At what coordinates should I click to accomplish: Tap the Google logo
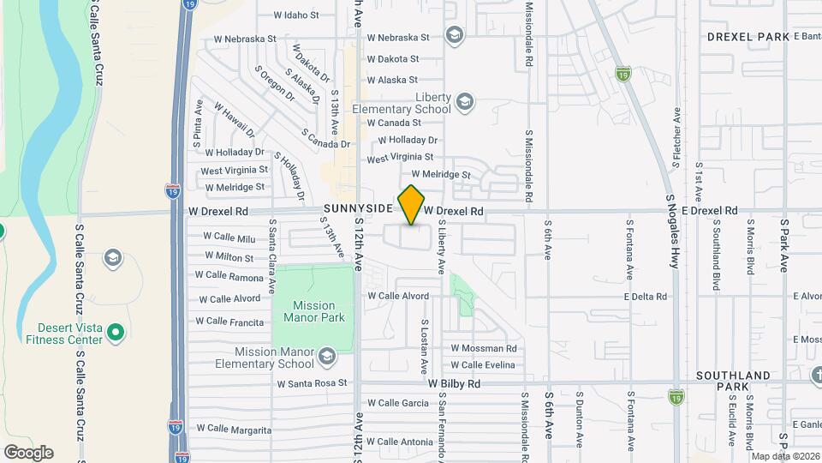(x=28, y=453)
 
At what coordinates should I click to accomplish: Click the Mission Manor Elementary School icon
(x=326, y=355)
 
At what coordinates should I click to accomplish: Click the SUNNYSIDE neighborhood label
(x=357, y=208)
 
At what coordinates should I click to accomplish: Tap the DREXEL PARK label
(x=748, y=37)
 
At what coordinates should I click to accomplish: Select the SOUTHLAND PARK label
(x=734, y=381)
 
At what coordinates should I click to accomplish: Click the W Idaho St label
(x=295, y=15)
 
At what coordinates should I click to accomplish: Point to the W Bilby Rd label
(x=455, y=383)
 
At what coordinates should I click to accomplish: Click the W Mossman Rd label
(x=484, y=348)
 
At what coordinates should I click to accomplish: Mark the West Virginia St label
(x=400, y=159)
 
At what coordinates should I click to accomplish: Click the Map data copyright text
(x=785, y=456)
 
